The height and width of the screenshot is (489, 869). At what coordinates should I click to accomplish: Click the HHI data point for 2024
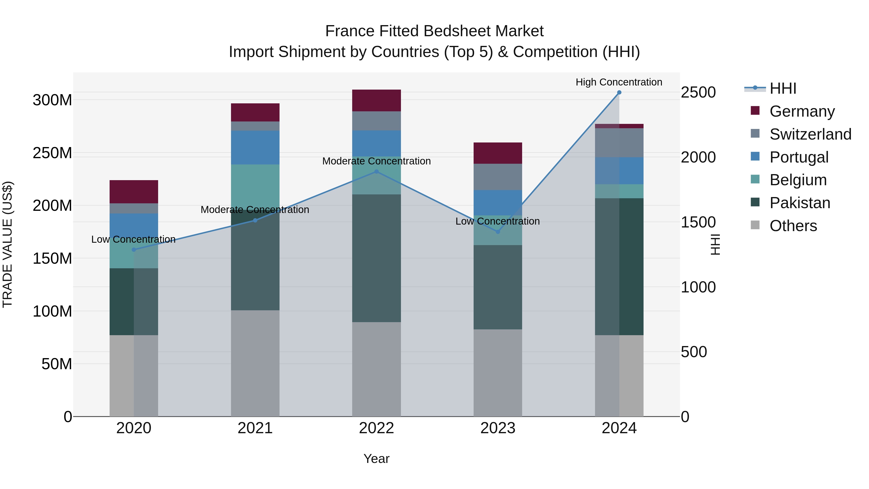pos(619,92)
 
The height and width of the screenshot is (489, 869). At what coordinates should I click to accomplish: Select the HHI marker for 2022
pos(377,172)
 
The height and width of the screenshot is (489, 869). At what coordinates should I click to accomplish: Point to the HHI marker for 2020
pos(134,250)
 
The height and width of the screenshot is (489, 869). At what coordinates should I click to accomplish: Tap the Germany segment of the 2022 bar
pos(377,100)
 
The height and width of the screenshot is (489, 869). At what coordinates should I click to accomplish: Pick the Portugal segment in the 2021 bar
pos(255,148)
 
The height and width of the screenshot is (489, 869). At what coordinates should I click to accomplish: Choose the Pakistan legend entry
pos(799,203)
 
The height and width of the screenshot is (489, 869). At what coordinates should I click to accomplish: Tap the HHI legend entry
pos(783,88)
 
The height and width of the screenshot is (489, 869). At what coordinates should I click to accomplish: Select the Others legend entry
pos(793,226)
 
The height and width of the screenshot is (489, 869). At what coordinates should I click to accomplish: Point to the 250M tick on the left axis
pos(52,153)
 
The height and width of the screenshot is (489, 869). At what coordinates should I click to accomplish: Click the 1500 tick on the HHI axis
pos(698,222)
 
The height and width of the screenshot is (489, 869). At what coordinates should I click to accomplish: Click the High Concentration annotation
pos(619,82)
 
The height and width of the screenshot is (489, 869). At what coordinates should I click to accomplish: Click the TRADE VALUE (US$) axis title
pos(7,244)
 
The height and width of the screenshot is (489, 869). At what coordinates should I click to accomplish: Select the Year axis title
pos(377,459)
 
